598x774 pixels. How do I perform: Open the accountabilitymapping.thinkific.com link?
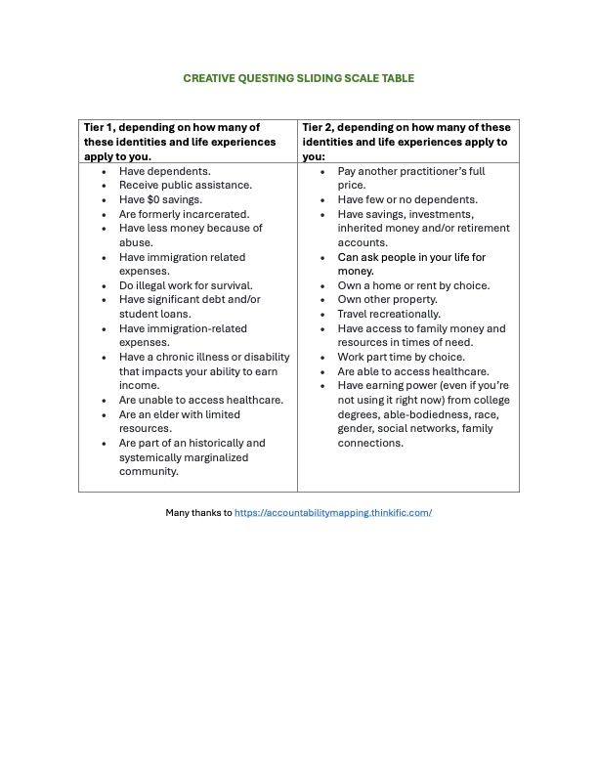tap(333, 512)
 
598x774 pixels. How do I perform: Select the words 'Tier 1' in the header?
tap(99, 128)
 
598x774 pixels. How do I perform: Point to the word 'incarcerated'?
tap(217, 214)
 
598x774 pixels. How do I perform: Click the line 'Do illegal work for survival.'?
tap(186, 285)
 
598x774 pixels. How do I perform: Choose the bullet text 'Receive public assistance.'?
tap(186, 185)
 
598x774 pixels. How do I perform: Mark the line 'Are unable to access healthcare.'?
tap(201, 400)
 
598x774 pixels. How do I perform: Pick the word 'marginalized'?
tap(217, 457)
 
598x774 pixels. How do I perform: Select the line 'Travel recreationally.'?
tap(389, 314)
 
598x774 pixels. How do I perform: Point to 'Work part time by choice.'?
tap(402, 357)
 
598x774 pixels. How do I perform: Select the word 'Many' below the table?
tap(179, 512)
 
